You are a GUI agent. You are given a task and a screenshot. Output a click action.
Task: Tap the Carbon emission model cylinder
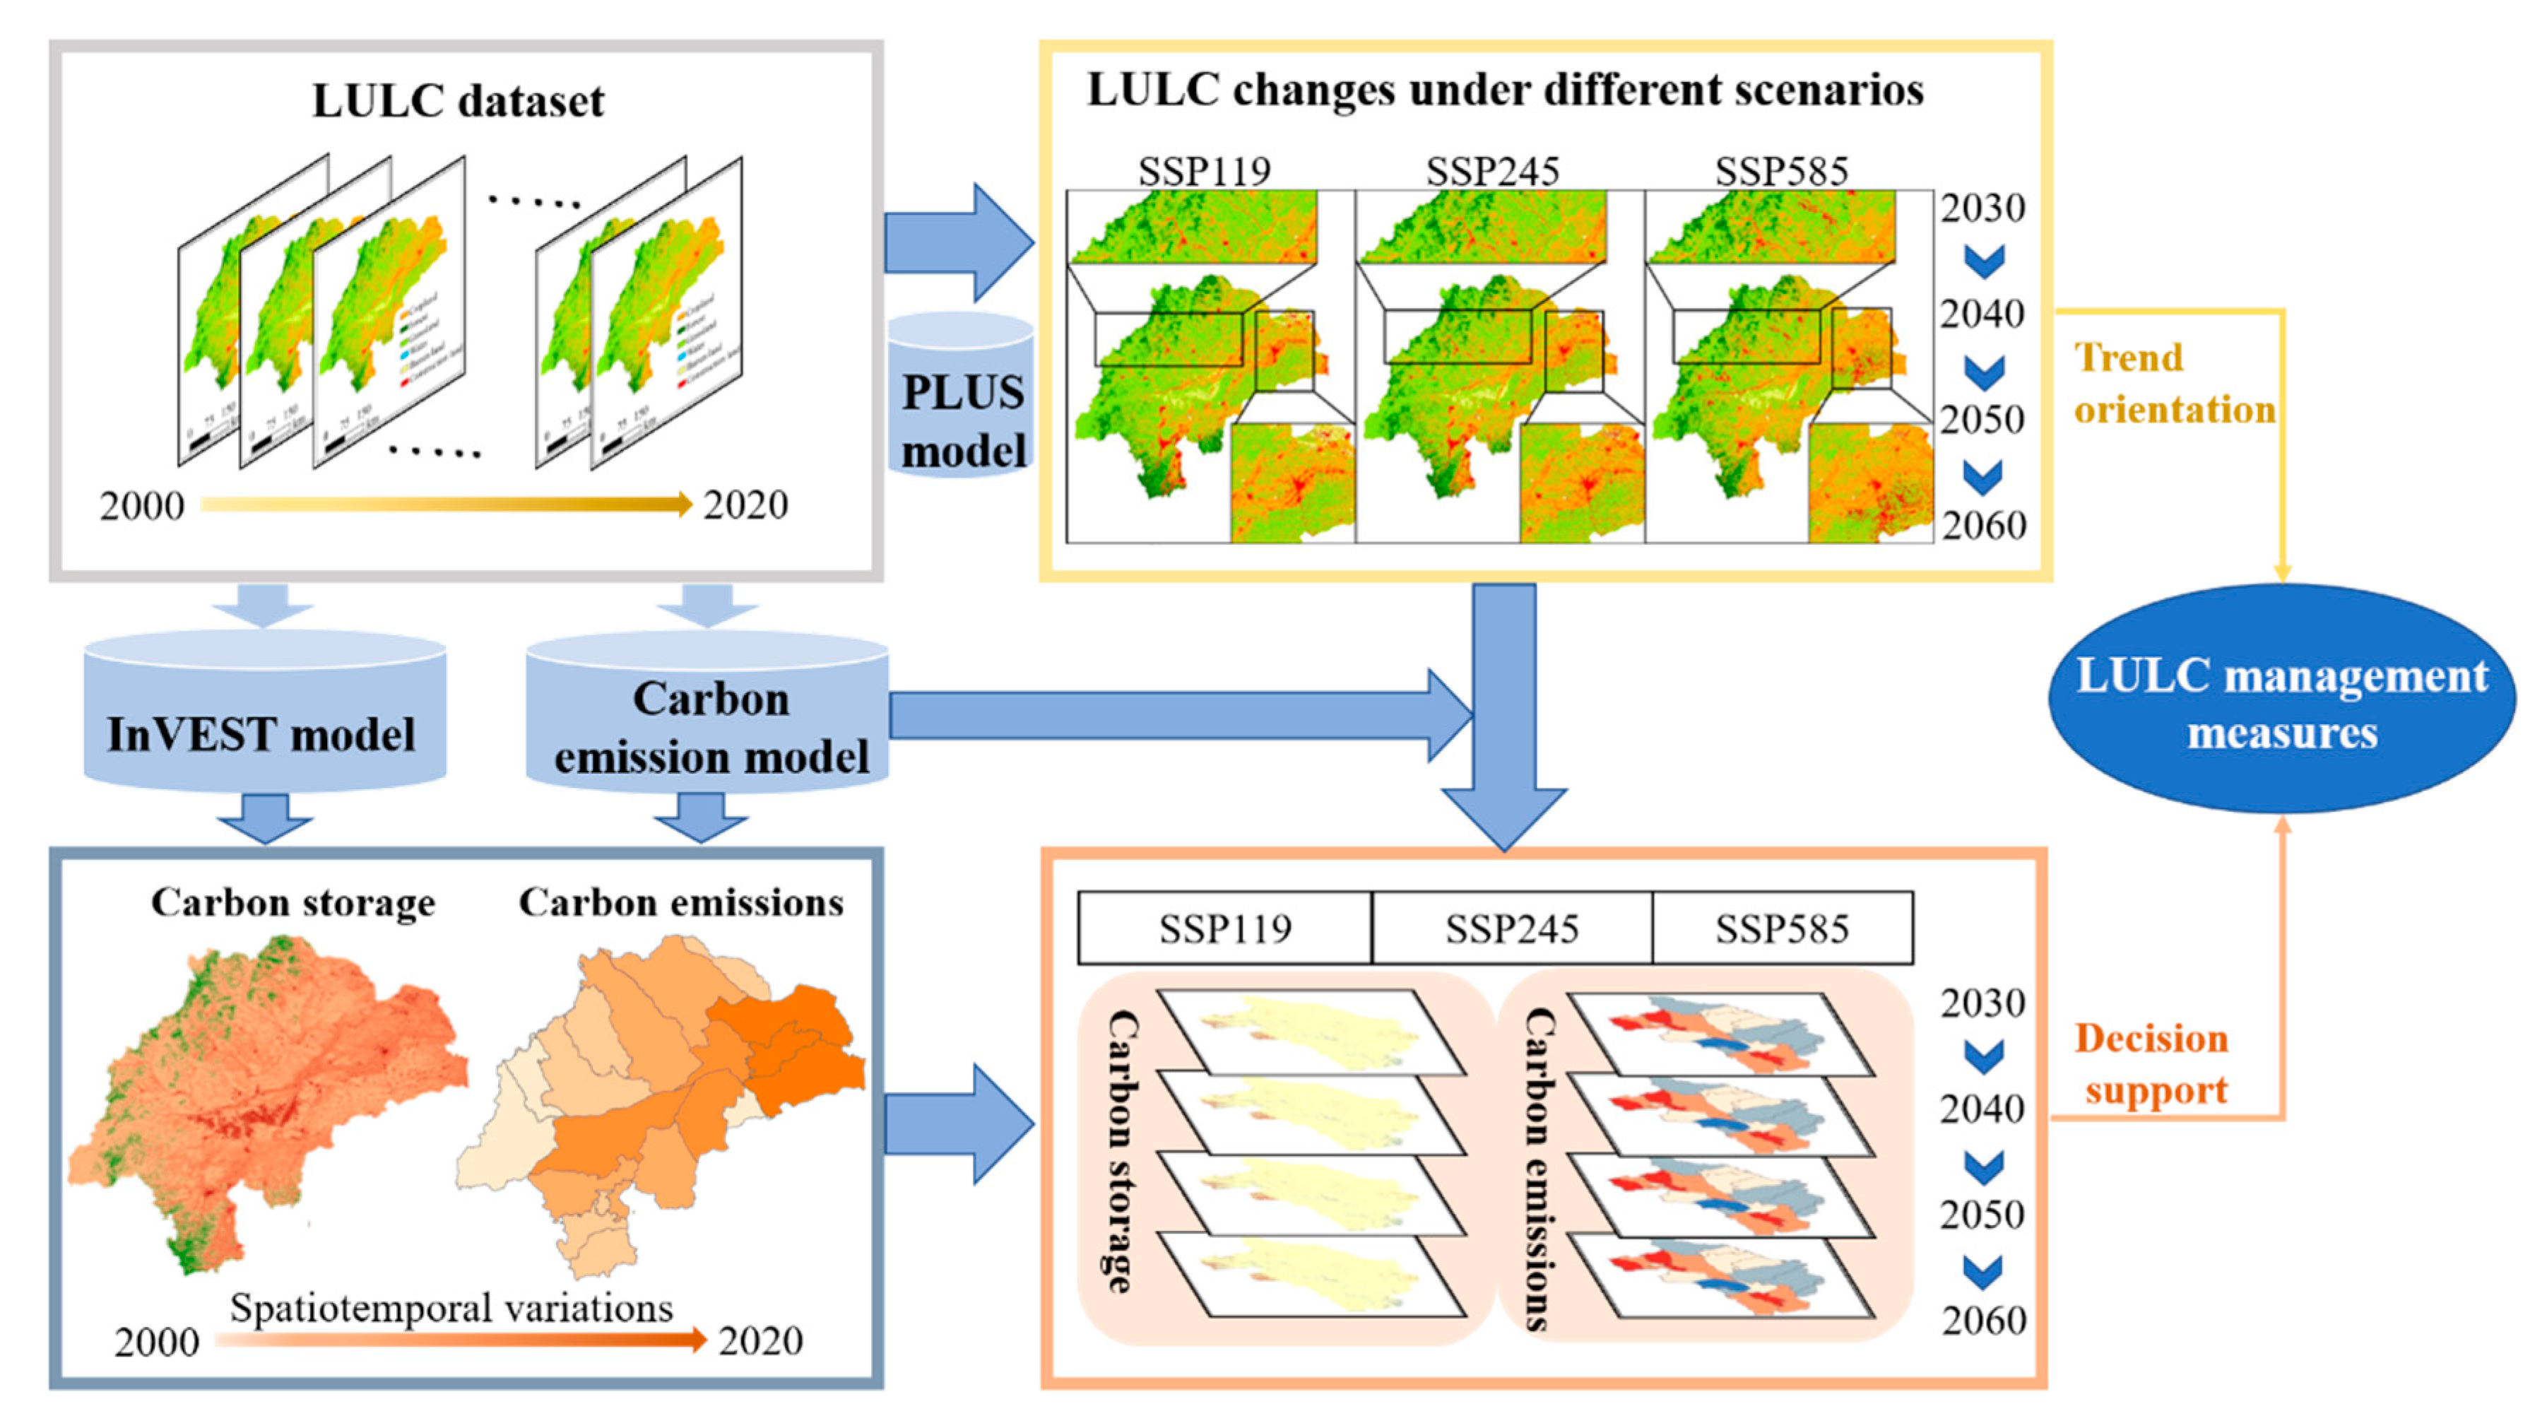(x=708, y=722)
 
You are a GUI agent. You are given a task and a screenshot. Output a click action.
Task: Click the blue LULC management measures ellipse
(x=2280, y=702)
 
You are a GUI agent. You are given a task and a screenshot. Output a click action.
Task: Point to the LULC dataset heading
(x=458, y=101)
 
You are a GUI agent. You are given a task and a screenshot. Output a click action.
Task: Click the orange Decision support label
(x=2153, y=1064)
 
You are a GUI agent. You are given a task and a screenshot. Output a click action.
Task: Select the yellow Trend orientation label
(x=2173, y=384)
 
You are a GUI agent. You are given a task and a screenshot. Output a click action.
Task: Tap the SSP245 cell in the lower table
(x=1511, y=928)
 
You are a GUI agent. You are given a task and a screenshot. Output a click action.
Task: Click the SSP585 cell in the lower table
(x=1780, y=928)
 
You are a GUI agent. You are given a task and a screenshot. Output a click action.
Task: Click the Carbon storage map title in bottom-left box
(x=292, y=902)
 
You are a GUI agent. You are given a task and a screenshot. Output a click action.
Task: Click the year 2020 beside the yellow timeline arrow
(x=745, y=505)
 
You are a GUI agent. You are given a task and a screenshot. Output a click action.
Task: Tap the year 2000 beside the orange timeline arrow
(x=156, y=1342)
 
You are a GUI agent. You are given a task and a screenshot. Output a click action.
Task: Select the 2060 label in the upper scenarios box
(x=1983, y=525)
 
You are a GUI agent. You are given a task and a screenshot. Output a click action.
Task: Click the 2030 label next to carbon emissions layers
(x=1982, y=1003)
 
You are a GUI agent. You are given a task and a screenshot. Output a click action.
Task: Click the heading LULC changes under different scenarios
(x=1504, y=89)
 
